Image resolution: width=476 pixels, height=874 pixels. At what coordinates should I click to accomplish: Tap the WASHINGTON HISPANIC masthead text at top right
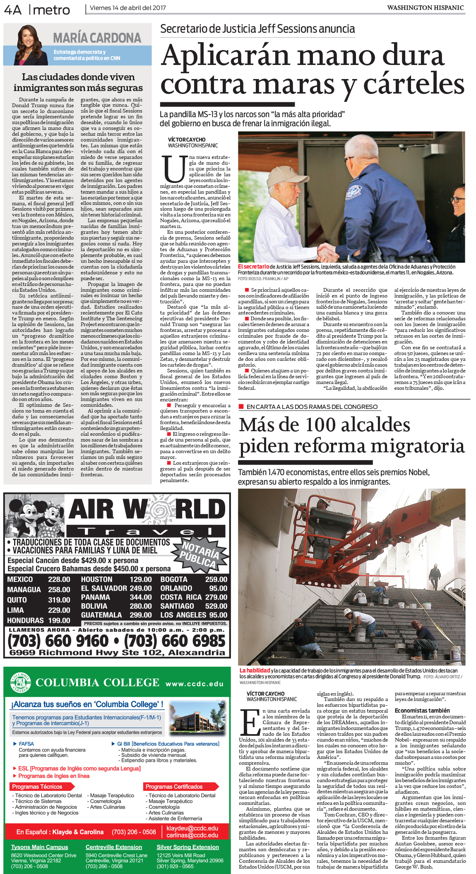(x=425, y=7)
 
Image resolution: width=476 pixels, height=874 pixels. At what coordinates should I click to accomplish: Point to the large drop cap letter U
(x=174, y=169)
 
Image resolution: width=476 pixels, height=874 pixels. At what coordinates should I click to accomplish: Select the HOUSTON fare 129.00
(x=141, y=579)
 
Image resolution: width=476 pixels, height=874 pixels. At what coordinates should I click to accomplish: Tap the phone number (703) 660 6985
(x=175, y=641)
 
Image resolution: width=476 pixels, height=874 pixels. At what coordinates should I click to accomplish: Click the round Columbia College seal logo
(x=21, y=682)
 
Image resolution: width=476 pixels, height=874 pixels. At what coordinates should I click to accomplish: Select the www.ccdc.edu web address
(x=195, y=684)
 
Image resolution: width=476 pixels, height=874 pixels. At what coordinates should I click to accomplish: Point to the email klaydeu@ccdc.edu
(x=192, y=828)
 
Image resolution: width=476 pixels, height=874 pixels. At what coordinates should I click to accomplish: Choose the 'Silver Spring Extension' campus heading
(x=188, y=847)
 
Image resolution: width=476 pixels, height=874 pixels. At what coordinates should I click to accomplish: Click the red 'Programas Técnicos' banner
(x=37, y=787)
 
